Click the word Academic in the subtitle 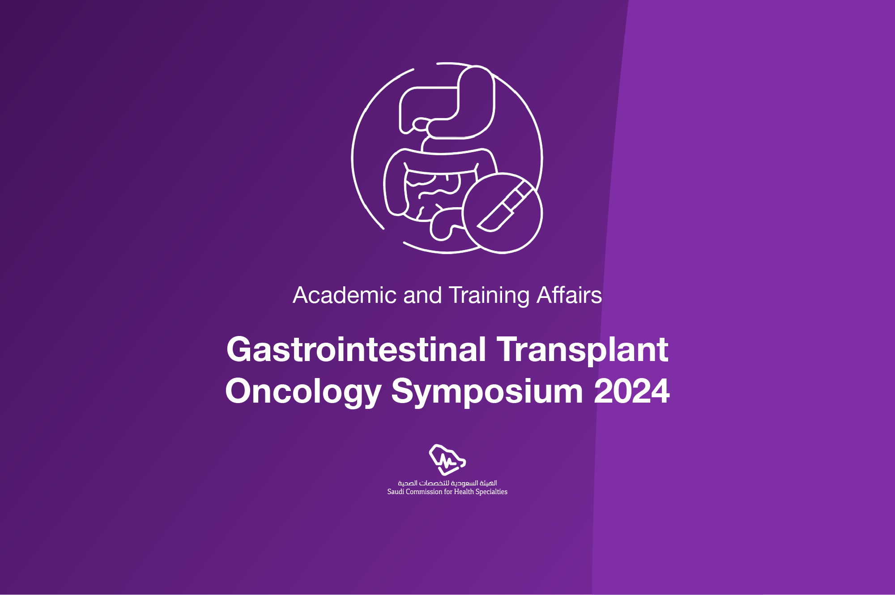click(345, 296)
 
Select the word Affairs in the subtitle click(569, 296)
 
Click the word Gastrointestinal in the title click(356, 350)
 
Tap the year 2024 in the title click(631, 391)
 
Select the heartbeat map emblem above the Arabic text click(447, 459)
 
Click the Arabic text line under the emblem click(447, 483)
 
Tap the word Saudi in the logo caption click(396, 492)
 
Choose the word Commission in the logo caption click(424, 492)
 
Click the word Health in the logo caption click(464, 492)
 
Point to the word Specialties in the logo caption click(491, 492)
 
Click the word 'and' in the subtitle click(422, 296)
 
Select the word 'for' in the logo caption click(448, 492)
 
